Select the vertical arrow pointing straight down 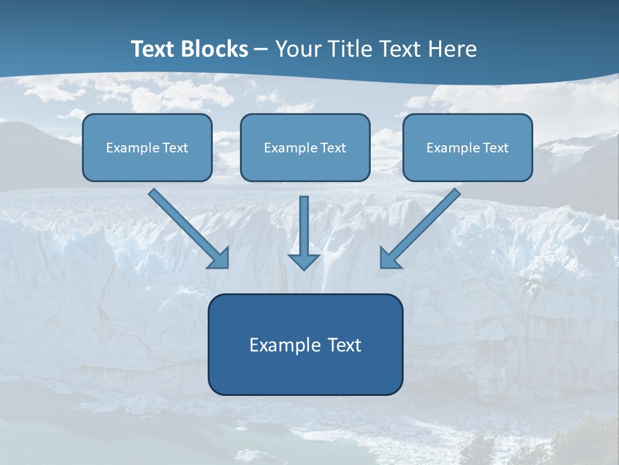pyautogui.click(x=304, y=226)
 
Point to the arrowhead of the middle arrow pyautogui.click(x=304, y=261)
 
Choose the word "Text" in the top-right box pyautogui.click(x=495, y=148)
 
